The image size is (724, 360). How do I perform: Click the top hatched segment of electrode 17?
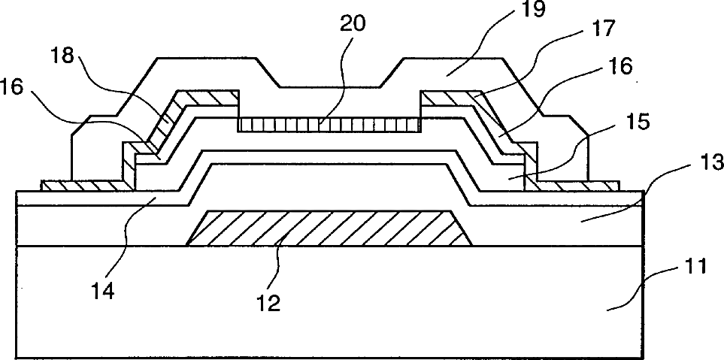click(x=447, y=98)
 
